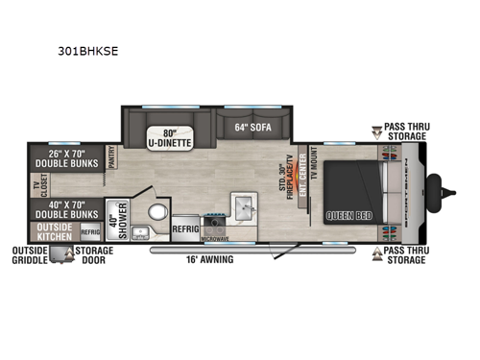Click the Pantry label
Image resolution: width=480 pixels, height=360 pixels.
[x=112, y=157]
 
